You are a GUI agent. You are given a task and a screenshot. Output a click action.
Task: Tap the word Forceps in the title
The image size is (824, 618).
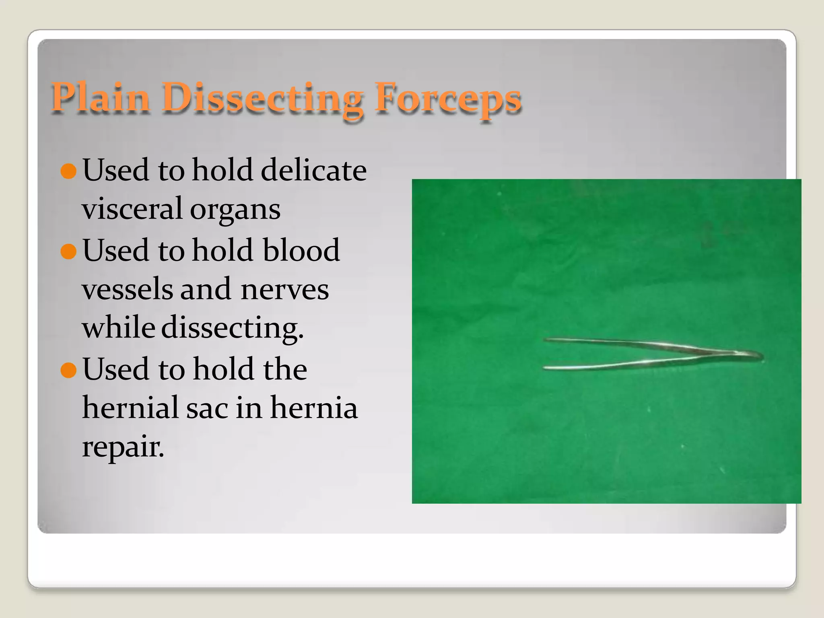(447, 98)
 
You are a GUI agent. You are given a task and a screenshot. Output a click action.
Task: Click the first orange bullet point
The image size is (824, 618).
(68, 171)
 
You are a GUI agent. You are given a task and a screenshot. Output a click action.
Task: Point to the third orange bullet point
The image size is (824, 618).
(68, 370)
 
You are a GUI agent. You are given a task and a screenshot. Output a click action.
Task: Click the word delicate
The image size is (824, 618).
(313, 170)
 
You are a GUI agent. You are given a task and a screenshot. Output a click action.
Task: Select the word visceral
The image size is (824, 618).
(132, 208)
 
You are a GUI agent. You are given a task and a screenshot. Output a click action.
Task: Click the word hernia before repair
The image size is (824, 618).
(313, 407)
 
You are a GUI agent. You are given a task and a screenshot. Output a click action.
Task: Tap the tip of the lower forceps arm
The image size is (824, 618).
(546, 367)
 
